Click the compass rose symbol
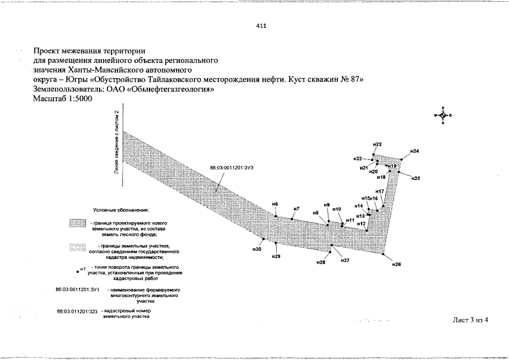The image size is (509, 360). tap(443, 115)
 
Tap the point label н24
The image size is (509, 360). tap(415, 151)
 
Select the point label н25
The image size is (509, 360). tap(416, 178)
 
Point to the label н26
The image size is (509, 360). tap(397, 264)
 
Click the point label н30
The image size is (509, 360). tap(258, 248)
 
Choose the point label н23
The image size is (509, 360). tap(378, 145)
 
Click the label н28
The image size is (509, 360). tap(321, 262)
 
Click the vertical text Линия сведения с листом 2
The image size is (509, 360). tap(116, 143)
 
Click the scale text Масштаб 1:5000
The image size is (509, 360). tap(62, 98)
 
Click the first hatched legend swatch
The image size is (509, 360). tap(76, 224)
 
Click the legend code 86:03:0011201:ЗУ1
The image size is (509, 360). tap(78, 289)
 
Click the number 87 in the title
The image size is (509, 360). tap(356, 79)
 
